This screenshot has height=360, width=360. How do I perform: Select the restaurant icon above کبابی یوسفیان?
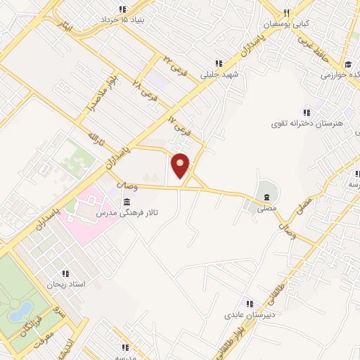(286, 13)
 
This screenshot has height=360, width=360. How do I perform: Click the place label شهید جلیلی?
(219, 73)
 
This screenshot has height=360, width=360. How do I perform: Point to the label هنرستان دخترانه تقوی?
(309, 123)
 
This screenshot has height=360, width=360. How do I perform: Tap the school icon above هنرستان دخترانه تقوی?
(306, 112)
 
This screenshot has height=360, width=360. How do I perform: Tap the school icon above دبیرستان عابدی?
(247, 303)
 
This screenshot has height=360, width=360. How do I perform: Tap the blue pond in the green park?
(21, 310)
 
